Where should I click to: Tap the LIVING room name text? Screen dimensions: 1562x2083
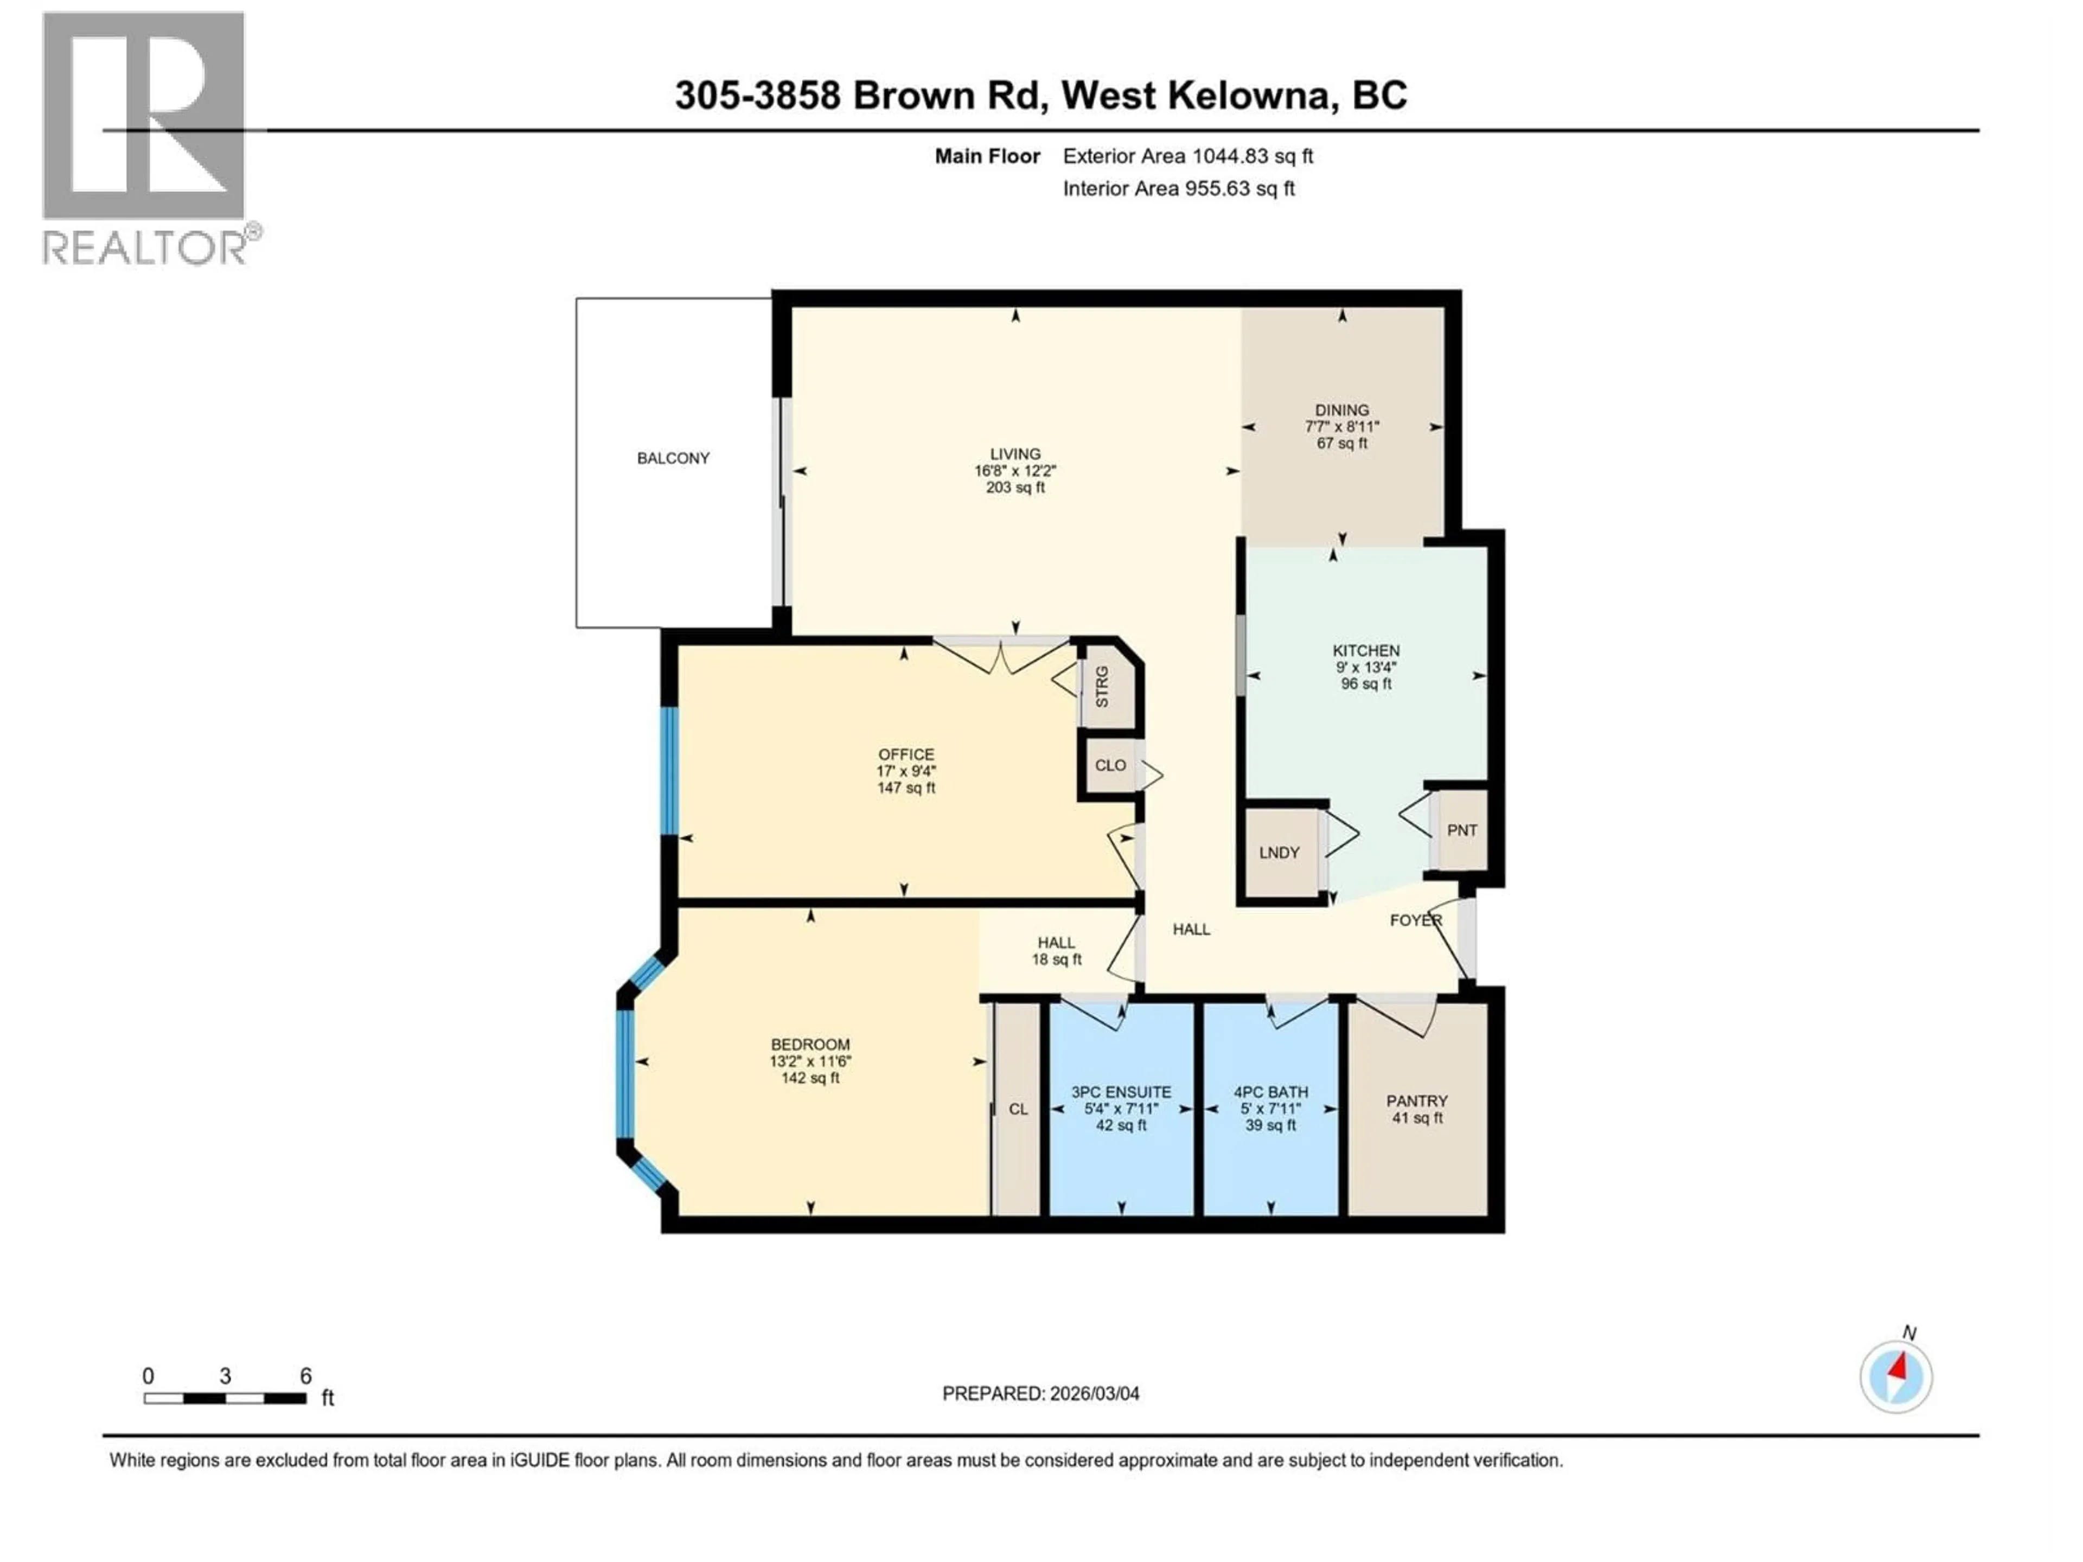point(1014,454)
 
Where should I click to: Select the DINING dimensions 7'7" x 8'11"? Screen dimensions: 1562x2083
point(1342,426)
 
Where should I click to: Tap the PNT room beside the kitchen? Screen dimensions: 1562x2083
point(1461,830)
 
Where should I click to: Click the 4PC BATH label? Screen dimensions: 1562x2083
point(1270,1092)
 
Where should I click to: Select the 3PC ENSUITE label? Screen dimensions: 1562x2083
point(1121,1092)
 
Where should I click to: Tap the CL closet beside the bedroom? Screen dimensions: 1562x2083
point(1018,1109)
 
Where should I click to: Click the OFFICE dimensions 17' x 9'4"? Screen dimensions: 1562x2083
point(906,771)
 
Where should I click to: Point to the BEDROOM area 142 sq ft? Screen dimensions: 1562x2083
point(810,1078)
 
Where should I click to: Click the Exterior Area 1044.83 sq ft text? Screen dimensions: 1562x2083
point(1187,156)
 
